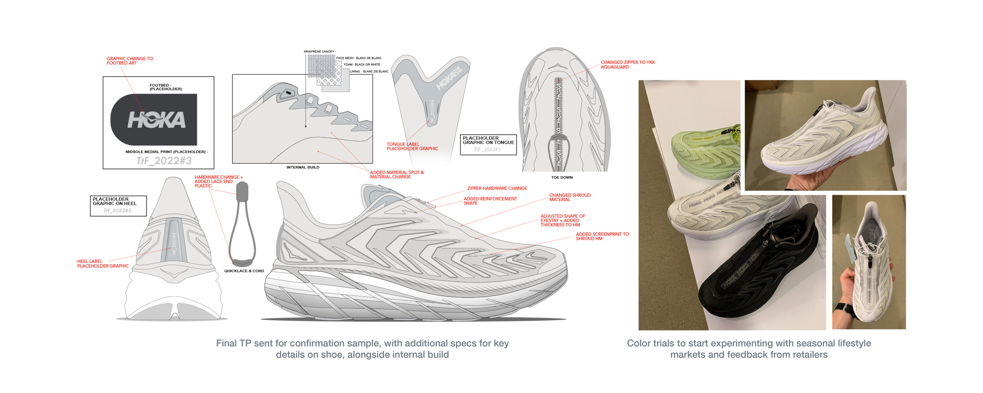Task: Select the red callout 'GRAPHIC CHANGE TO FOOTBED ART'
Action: click(x=129, y=61)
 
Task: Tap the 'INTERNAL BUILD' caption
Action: click(x=303, y=167)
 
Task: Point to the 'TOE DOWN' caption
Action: click(x=561, y=178)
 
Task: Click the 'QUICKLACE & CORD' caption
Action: click(x=244, y=271)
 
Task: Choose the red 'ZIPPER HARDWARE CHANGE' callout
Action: click(x=497, y=189)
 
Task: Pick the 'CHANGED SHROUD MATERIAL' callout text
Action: click(x=569, y=197)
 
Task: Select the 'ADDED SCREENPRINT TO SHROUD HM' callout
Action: click(x=602, y=237)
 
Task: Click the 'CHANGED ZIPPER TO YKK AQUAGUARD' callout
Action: click(x=627, y=65)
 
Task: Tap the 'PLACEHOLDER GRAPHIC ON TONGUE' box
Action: click(x=488, y=145)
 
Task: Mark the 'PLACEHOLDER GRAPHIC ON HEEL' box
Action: click(x=118, y=206)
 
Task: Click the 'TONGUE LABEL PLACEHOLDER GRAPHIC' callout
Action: click(x=412, y=147)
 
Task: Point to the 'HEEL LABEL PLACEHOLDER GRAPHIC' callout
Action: click(x=103, y=264)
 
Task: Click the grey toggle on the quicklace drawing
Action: click(x=242, y=191)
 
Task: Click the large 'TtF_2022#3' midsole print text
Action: click(x=164, y=161)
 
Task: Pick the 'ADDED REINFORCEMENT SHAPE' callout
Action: click(x=490, y=201)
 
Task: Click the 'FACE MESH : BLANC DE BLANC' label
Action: click(x=358, y=58)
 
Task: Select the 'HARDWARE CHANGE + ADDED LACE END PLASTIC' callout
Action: click(x=218, y=182)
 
